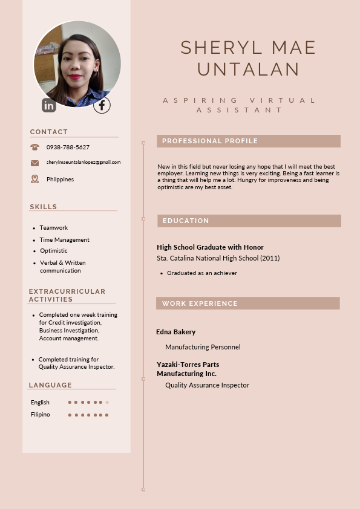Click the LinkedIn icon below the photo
[49, 105]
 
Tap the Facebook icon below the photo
[102, 105]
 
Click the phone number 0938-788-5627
[68, 148]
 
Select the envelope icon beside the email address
[34, 163]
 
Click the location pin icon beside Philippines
[34, 179]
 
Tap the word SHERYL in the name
[217, 48]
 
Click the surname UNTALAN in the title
[249, 69]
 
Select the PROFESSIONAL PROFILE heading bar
[248, 141]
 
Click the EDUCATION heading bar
[249, 221]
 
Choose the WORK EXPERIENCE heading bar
[247, 303]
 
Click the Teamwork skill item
[54, 228]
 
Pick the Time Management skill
[65, 240]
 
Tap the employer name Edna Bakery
[176, 332]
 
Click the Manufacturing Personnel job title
[203, 347]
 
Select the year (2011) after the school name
[270, 258]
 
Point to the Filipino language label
[41, 415]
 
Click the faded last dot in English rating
[107, 402]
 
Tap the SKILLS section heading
[44, 207]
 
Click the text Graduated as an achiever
[202, 273]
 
